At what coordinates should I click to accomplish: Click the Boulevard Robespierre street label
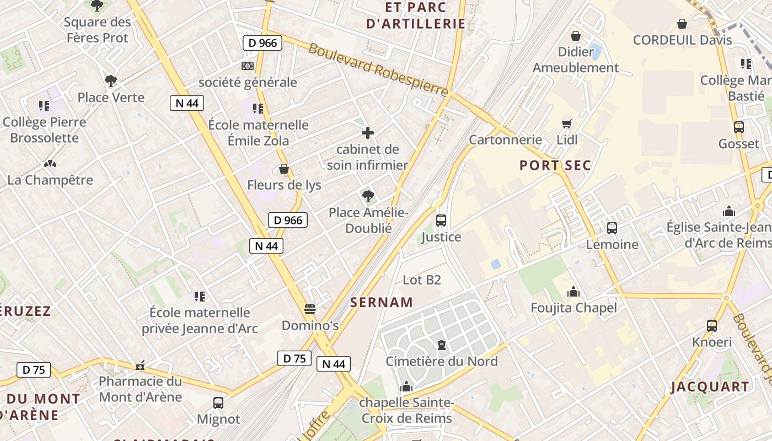378,69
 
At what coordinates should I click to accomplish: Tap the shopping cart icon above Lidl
567,123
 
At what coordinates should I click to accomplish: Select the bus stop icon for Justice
441,220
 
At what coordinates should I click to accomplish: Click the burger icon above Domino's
310,309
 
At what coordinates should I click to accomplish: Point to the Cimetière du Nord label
441,362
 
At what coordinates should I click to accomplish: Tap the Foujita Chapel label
573,308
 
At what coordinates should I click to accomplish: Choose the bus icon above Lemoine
612,228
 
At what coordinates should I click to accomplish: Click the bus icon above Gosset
739,127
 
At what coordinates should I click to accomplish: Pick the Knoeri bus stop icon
712,326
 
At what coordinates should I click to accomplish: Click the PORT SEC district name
555,165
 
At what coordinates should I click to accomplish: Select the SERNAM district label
382,302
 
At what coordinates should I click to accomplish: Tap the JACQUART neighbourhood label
710,387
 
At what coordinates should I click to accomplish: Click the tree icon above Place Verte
111,81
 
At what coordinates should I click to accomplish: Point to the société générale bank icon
248,66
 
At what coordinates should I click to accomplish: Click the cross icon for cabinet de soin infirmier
368,133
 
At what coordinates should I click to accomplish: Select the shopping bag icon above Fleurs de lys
284,169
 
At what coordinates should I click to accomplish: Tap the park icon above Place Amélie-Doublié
368,196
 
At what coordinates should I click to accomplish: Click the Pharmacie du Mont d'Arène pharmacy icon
141,365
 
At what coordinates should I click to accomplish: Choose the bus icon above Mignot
218,403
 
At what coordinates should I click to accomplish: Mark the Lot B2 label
422,280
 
